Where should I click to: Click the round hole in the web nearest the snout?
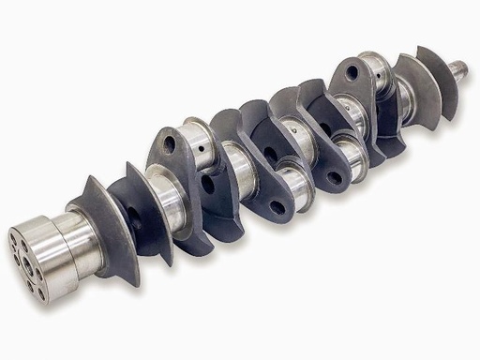click(x=350, y=71)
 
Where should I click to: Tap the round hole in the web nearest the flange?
click(x=170, y=143)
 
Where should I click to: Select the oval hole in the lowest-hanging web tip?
click(x=277, y=207)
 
